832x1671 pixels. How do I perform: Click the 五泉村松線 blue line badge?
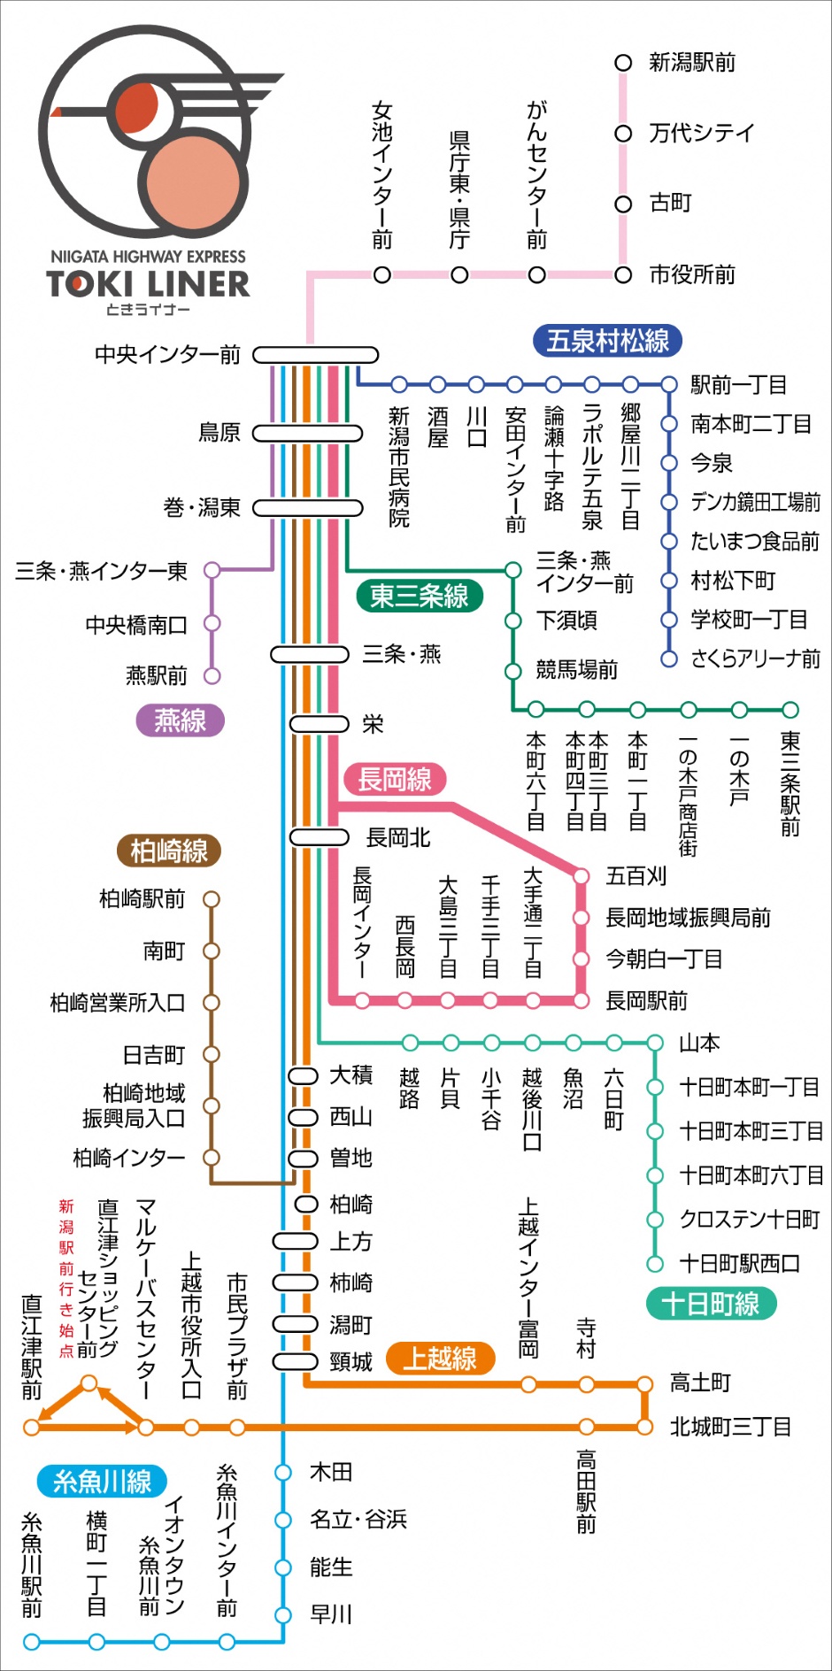607,341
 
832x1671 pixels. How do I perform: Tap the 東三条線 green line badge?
419,596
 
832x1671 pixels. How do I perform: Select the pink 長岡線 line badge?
394,780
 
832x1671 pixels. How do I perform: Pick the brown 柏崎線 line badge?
168,851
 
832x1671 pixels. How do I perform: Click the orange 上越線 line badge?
440,1359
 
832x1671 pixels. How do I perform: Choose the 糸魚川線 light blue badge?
102,1482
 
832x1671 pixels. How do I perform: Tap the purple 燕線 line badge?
180,720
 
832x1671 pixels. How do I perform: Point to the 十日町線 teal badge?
711,1304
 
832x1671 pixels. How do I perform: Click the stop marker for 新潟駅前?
623,63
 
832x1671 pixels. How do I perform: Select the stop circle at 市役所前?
623,275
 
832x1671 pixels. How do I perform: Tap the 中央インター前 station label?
167,355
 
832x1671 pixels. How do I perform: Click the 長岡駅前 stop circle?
581,1001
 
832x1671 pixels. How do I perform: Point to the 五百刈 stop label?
636,876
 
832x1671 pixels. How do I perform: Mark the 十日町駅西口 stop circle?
655,1264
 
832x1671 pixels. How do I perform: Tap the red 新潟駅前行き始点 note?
66,1278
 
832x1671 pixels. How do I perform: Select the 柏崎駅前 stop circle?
211,899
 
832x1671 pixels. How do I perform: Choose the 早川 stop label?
331,1614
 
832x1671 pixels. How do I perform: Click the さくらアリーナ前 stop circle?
669,658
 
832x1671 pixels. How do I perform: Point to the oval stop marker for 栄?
320,724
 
